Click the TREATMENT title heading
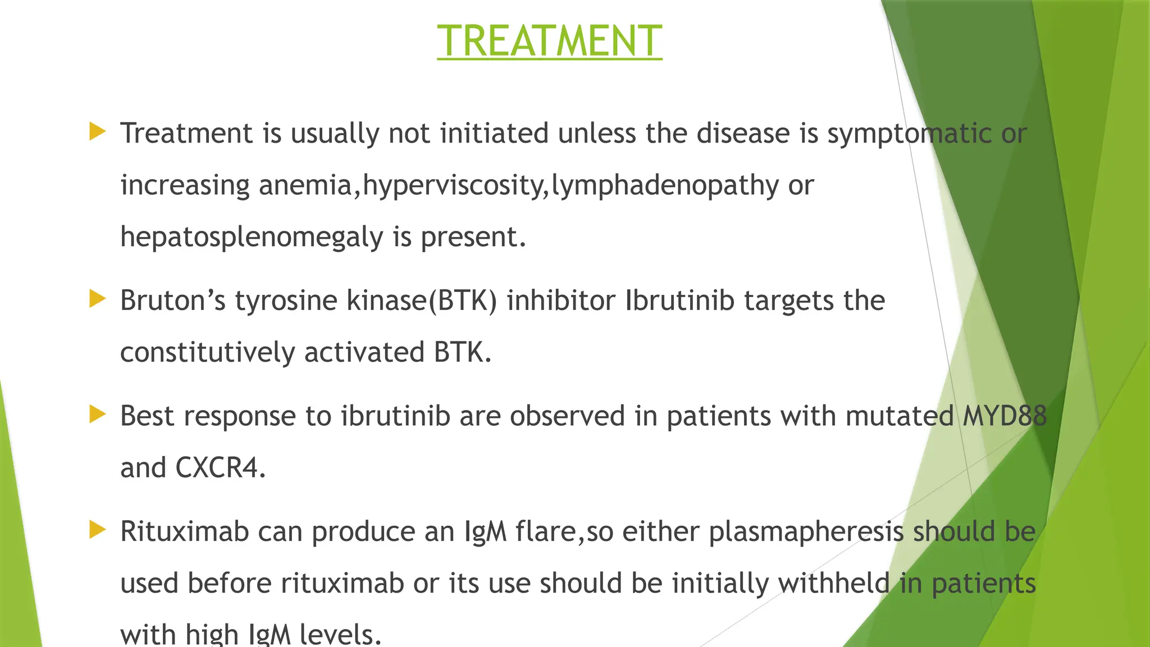pos(549,41)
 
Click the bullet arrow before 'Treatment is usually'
pos(97,133)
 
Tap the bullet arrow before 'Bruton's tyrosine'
pos(97,299)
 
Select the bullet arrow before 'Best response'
pos(97,415)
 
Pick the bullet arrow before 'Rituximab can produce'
pos(97,530)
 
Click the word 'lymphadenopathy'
pos(665,186)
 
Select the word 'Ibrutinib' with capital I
pos(679,300)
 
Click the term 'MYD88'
pos(1005,416)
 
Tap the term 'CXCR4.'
pos(221,468)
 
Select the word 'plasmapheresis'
pos(806,532)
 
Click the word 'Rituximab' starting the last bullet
pos(184,531)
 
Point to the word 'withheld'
pos(834,583)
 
